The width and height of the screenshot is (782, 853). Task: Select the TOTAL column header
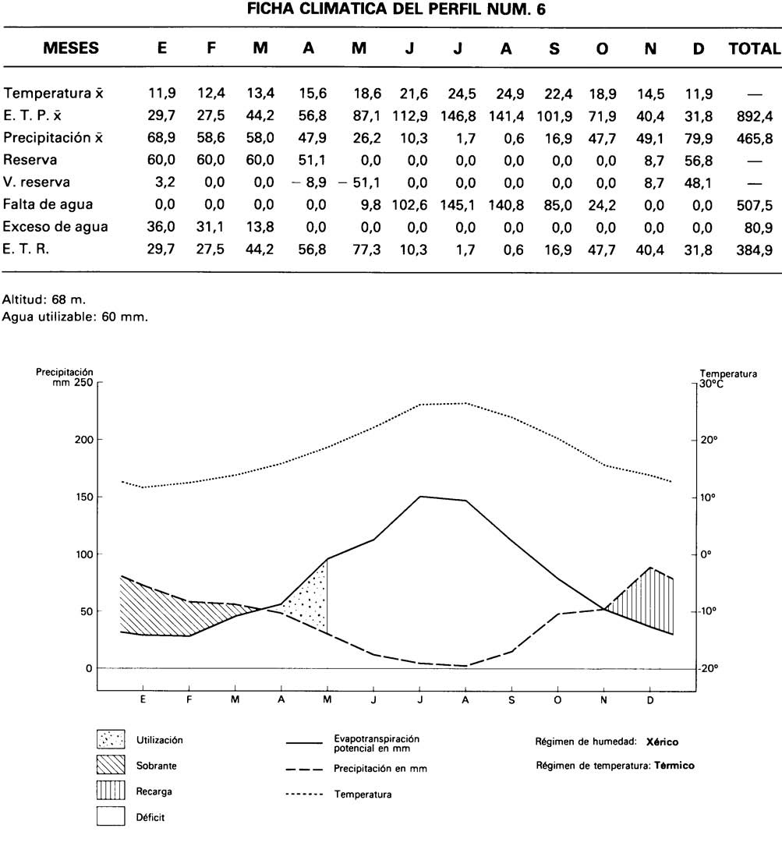point(754,48)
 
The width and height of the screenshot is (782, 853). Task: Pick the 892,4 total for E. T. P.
point(754,116)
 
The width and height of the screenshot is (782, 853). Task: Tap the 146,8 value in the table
point(458,116)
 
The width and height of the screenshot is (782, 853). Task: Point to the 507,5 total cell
point(754,205)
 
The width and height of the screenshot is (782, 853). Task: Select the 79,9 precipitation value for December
point(699,138)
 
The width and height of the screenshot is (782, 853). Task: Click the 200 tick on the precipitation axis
point(83,440)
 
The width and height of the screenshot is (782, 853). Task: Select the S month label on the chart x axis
point(511,699)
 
